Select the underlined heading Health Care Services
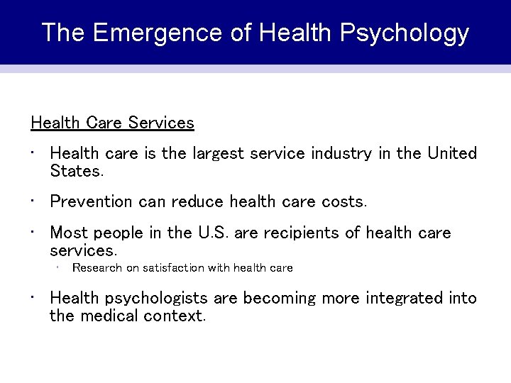[x=112, y=123]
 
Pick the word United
[x=452, y=154]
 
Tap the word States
[x=77, y=171]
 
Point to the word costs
[x=344, y=202]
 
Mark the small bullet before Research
[x=57, y=267]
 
